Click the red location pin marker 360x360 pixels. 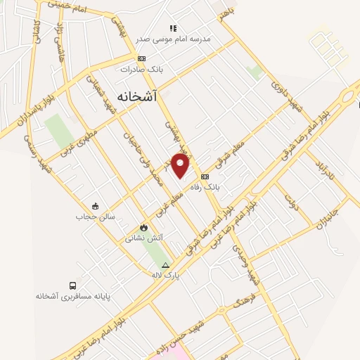[181, 166]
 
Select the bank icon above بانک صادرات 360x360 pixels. [143, 58]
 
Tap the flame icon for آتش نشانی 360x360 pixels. [144, 227]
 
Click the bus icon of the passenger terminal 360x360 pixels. [72, 285]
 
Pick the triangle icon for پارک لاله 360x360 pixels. [166, 265]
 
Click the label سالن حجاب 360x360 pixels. [96, 217]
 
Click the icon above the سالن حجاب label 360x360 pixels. [96, 205]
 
